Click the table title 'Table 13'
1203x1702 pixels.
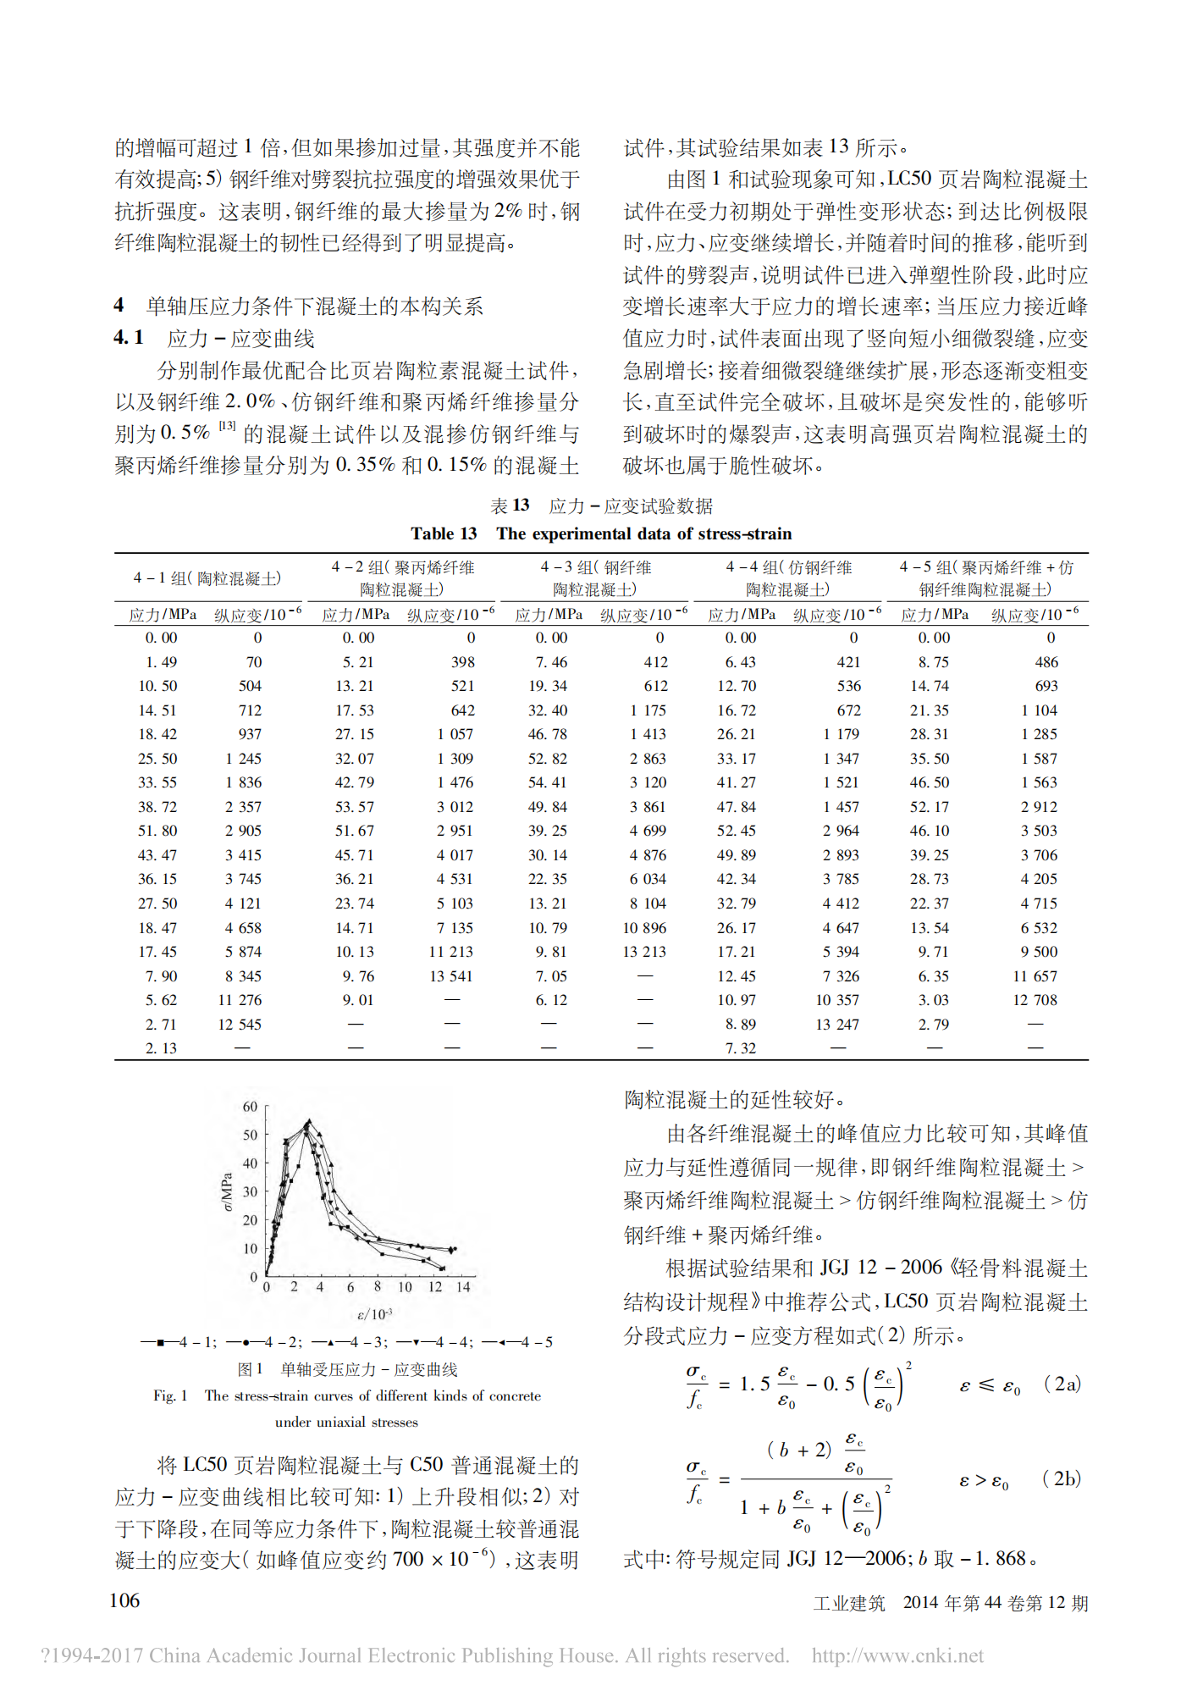pos(444,533)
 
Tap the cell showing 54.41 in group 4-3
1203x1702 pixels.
pos(548,782)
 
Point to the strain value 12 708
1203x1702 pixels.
pos(1035,1000)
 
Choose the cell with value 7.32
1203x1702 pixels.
pos(741,1048)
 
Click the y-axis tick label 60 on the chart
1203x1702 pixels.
pos(250,1107)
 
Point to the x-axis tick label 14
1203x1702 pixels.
pos(463,1287)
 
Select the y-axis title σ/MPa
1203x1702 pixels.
pos(227,1191)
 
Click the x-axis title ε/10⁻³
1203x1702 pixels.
pos(374,1314)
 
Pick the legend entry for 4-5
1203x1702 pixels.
pos(518,1342)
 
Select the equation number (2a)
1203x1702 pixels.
pos(1062,1384)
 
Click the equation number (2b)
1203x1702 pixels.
pos(1062,1478)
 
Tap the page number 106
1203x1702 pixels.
pos(124,1600)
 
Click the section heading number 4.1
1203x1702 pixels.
pos(128,338)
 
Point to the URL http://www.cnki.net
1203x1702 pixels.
pos(897,1655)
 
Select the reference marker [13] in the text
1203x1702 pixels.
pos(227,426)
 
